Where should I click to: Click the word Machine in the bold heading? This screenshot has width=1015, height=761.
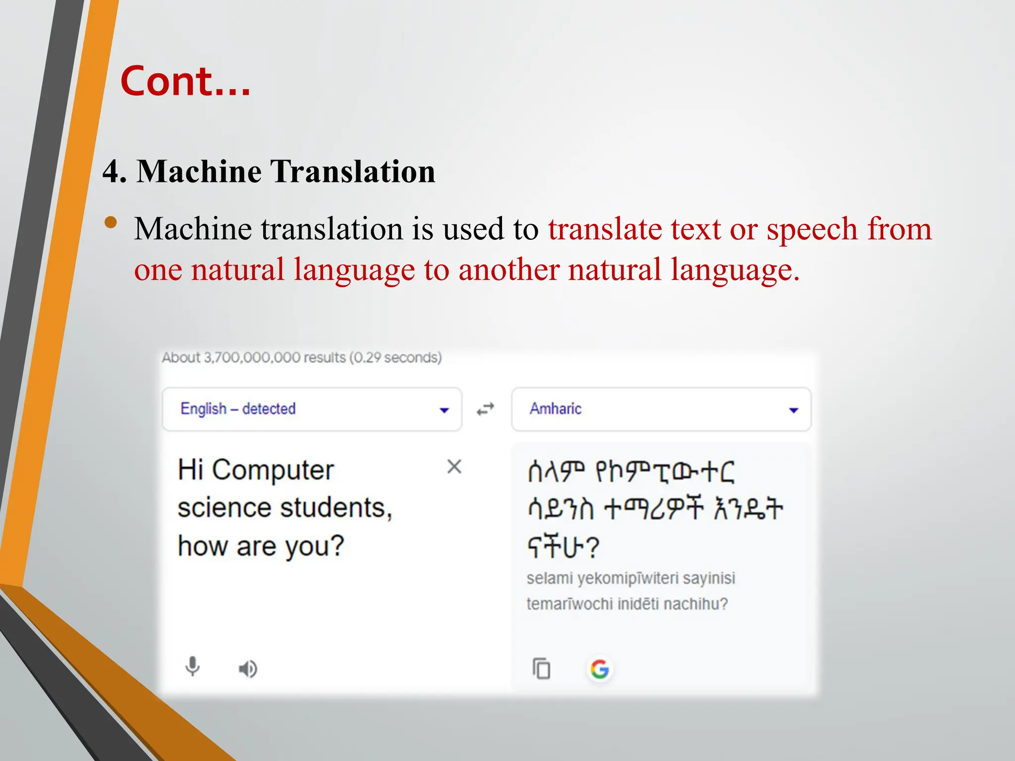[199, 171]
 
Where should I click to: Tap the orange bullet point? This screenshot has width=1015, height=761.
[112, 222]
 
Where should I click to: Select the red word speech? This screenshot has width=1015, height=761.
[812, 229]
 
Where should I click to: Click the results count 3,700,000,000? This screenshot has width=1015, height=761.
[251, 358]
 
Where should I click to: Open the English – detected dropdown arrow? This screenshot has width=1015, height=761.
[444, 410]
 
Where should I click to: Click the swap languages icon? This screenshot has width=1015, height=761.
[486, 409]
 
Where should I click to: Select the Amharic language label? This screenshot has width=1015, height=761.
[555, 409]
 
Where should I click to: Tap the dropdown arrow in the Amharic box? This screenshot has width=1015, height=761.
[793, 410]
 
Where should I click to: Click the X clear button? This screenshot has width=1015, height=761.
[454, 467]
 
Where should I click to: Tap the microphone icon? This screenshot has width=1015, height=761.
[192, 667]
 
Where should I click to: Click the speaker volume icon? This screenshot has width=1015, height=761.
[248, 669]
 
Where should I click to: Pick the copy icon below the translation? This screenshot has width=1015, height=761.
[541, 668]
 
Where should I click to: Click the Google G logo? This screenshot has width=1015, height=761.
[600, 669]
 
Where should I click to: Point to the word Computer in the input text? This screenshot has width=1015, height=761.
[273, 470]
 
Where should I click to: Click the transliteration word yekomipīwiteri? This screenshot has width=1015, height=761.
[628, 578]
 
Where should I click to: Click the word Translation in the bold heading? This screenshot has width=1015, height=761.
[352, 171]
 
